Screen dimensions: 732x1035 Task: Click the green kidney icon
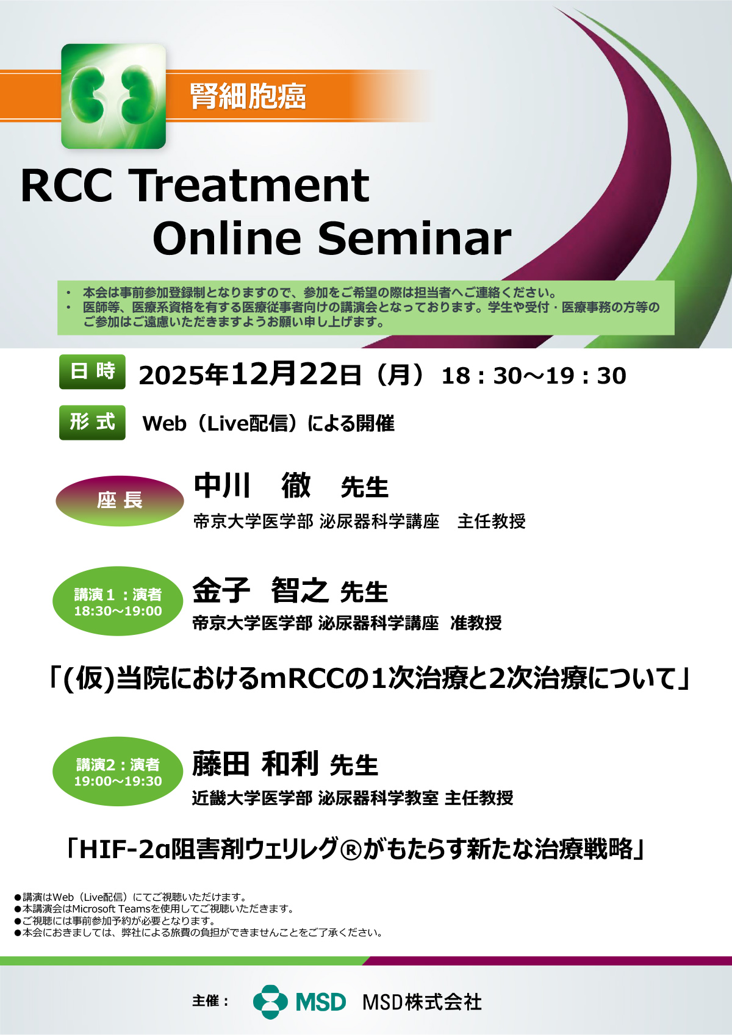point(113,96)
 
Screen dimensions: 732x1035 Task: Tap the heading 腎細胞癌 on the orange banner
point(248,96)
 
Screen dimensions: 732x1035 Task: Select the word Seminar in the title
point(415,238)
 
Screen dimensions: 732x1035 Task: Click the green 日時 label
point(93,371)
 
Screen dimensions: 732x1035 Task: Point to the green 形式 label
point(93,422)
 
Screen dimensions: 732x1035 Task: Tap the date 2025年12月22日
point(249,374)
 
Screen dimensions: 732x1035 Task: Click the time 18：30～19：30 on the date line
point(534,376)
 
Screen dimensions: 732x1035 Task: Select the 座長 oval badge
point(120,501)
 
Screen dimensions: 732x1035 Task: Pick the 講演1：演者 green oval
point(118,601)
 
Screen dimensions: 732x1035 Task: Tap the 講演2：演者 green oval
point(118,771)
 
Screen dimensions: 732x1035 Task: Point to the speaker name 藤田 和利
point(255,764)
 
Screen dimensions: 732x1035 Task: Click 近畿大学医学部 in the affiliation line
point(253,798)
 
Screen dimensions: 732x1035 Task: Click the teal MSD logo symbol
point(270,1001)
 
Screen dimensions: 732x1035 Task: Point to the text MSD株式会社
point(422,1002)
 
